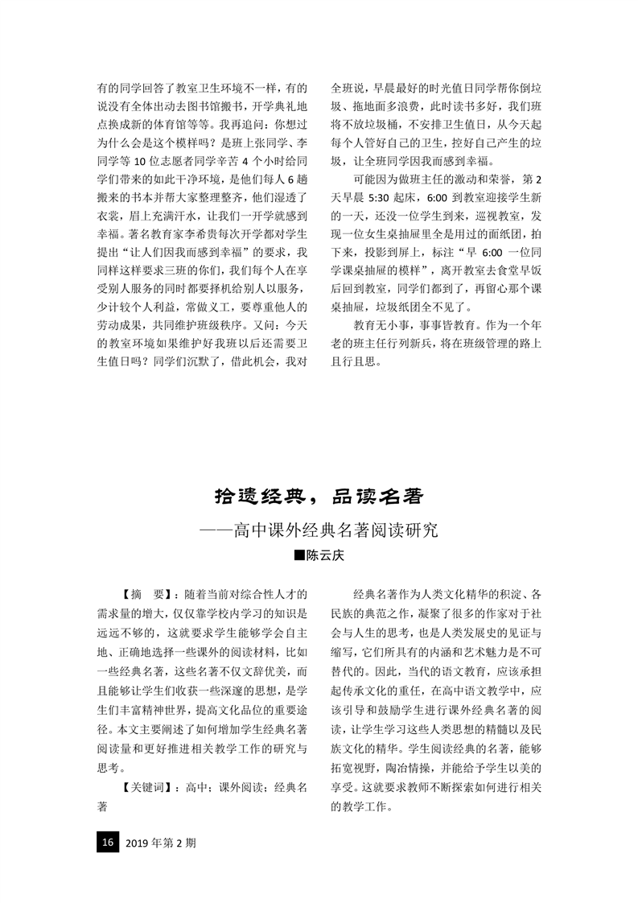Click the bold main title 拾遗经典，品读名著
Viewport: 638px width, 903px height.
319,496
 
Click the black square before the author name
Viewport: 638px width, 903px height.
298,556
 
